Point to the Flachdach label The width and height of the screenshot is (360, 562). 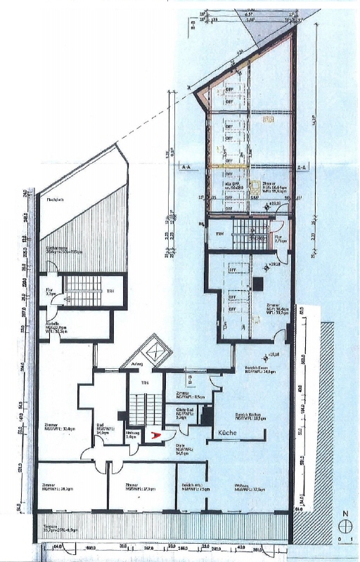click(x=55, y=200)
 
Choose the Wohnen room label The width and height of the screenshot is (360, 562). click(x=238, y=490)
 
